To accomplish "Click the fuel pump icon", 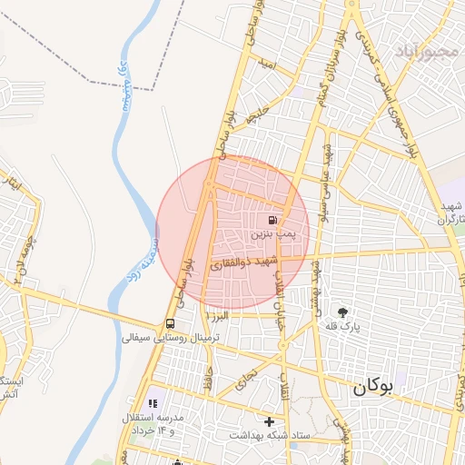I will [x=272, y=221].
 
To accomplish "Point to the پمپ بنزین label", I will [x=273, y=234].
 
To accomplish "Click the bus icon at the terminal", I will [x=171, y=324].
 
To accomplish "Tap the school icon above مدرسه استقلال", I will [x=152, y=402].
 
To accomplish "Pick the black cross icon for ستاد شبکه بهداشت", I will [x=269, y=421].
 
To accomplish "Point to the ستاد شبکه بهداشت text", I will [x=270, y=436].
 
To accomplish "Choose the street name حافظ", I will [x=210, y=375].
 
